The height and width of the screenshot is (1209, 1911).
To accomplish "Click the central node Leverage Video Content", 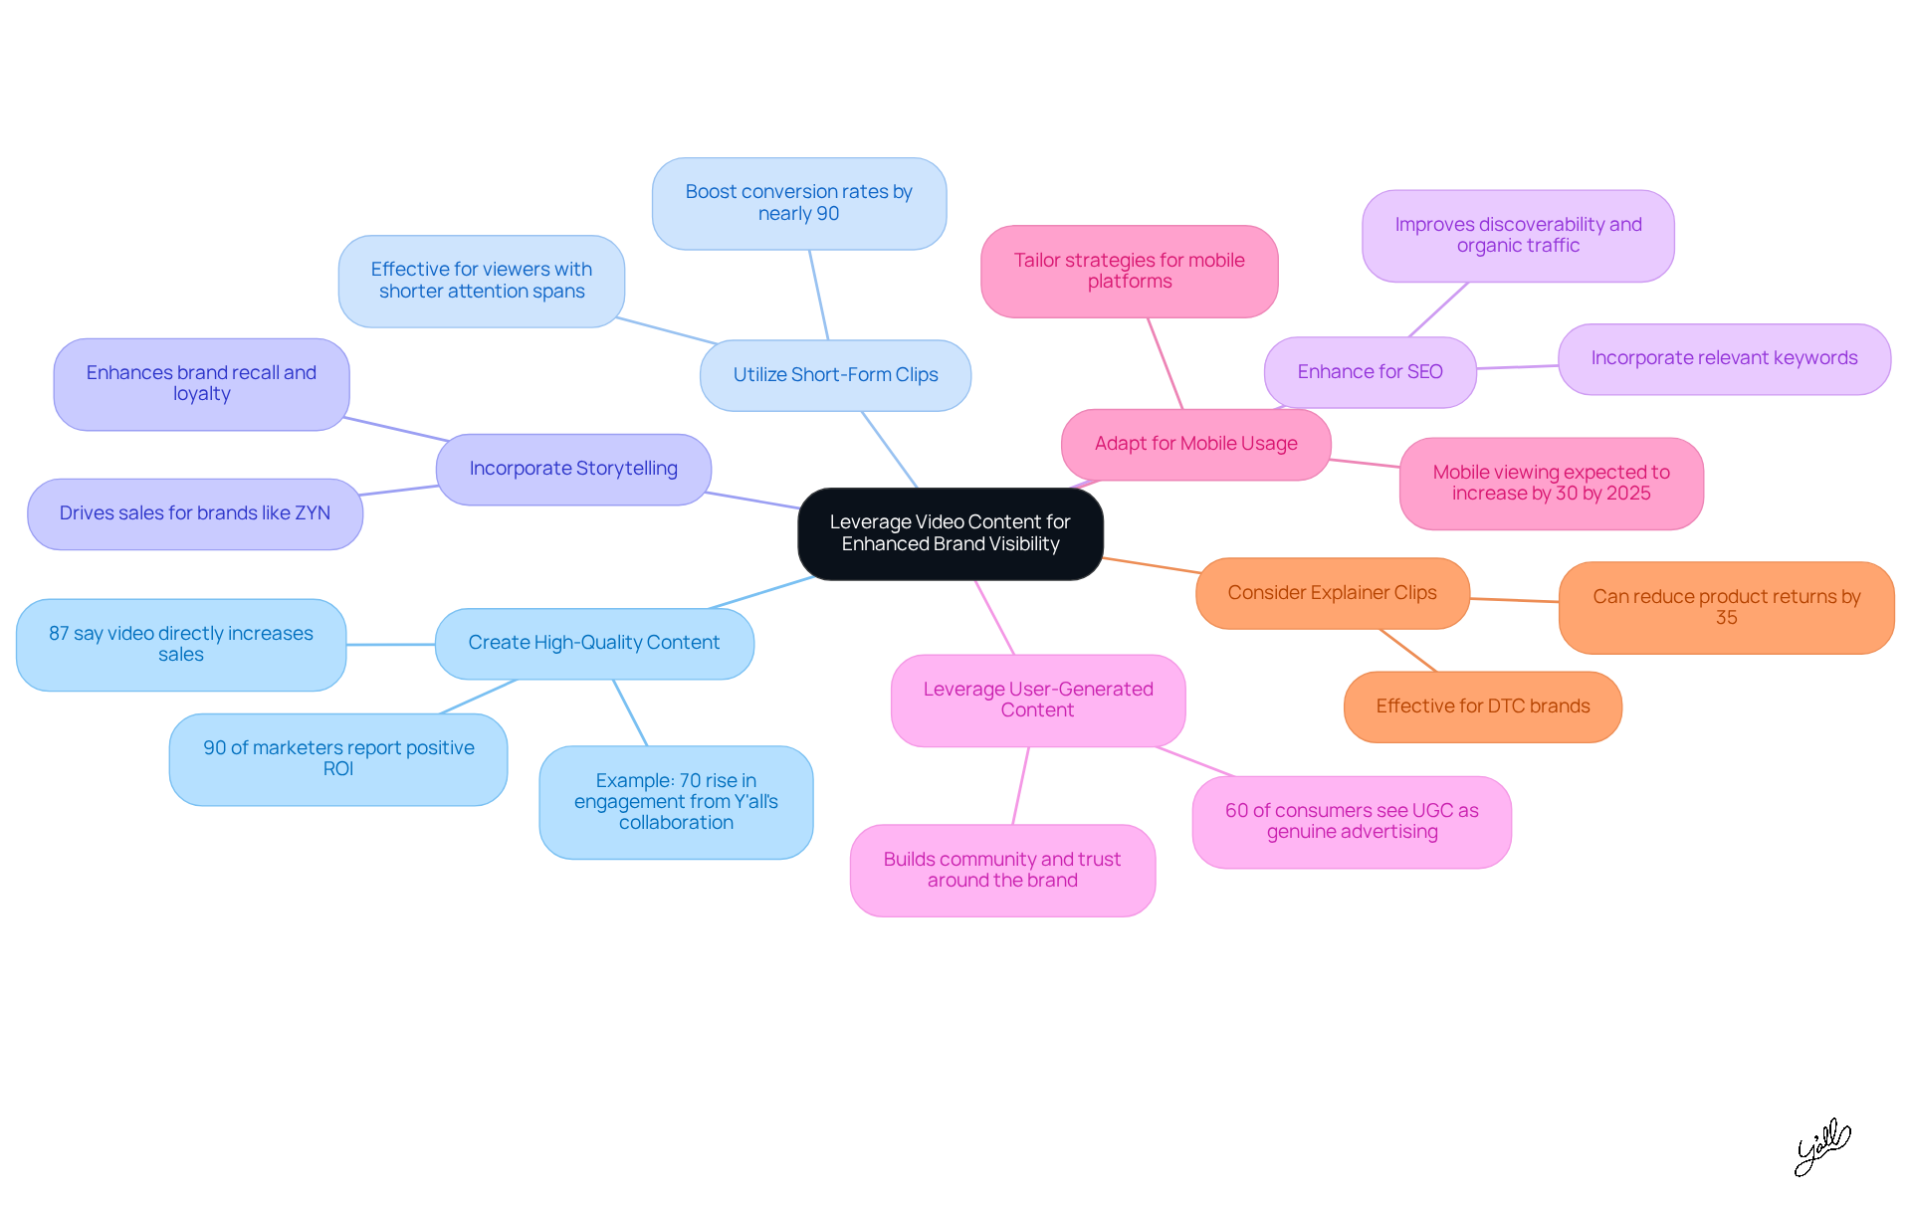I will [950, 533].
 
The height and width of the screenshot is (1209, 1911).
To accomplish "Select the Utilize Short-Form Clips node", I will [835, 375].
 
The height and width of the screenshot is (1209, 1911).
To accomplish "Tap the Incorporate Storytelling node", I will [573, 469].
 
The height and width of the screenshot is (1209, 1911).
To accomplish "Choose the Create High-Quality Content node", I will [594, 643].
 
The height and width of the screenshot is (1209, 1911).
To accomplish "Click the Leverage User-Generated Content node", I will [1037, 700].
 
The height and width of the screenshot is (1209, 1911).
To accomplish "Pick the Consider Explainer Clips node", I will [1332, 593].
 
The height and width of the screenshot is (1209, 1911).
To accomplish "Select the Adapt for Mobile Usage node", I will [1195, 444].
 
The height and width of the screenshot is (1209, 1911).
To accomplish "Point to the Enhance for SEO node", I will [1370, 372].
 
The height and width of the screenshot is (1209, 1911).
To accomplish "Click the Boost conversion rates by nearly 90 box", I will [798, 203].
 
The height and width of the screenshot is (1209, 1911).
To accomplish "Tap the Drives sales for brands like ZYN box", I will [194, 513].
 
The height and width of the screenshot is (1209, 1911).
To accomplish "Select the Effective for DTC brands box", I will [1482, 706].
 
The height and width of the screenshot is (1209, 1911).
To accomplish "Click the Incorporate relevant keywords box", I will [1723, 358].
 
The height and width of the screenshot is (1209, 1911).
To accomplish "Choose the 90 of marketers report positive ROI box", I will [338, 758].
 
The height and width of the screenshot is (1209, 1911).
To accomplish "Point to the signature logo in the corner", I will [1821, 1146].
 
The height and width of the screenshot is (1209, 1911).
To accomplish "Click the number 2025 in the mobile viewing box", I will [1626, 494].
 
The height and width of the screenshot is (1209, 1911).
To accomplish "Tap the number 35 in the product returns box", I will [1726, 618].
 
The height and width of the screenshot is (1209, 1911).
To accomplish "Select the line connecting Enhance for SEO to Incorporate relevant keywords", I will [1517, 367].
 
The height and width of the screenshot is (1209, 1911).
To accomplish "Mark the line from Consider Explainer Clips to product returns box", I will [1514, 600].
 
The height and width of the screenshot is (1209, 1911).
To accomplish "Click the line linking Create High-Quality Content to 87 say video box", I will [390, 645].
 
